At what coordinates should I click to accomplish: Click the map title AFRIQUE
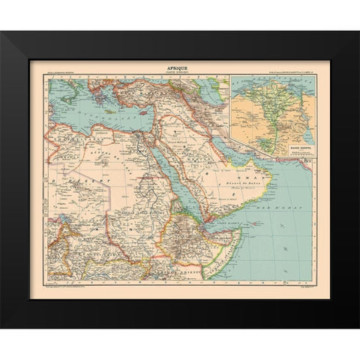pos(179,67)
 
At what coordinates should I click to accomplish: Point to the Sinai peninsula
pos(160,128)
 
